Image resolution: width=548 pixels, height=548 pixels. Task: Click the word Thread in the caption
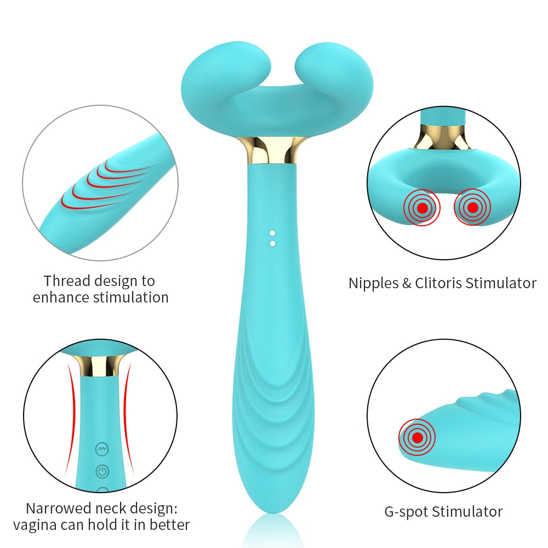coord(67,281)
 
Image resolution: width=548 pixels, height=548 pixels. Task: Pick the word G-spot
coord(407,512)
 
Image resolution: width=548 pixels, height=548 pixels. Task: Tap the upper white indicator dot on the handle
coord(272,233)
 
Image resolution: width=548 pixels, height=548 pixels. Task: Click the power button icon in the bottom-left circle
coord(102,471)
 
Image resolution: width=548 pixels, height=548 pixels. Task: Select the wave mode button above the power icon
coord(102,449)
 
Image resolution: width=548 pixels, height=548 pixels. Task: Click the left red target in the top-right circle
coord(422,208)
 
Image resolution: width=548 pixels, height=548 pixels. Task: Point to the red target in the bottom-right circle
coord(418,437)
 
